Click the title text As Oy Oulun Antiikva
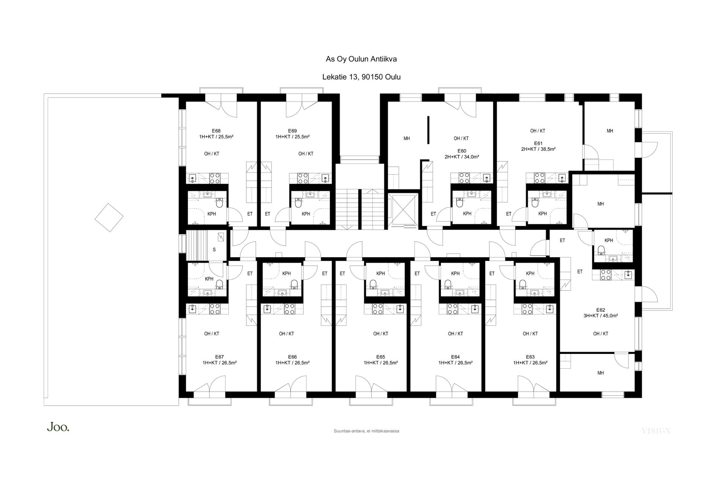click(361, 59)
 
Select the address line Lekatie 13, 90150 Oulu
click(361, 77)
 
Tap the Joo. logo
click(58, 427)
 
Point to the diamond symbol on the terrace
click(109, 218)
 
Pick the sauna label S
click(214, 250)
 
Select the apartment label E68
click(216, 131)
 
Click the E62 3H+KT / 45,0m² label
click(601, 313)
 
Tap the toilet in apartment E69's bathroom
click(298, 204)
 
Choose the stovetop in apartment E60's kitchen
click(464, 178)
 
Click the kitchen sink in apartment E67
click(192, 310)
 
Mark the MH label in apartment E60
click(407, 139)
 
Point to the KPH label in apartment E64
click(455, 274)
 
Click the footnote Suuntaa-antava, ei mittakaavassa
click(366, 431)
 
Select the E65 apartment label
click(380, 357)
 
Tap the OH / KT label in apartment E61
click(538, 131)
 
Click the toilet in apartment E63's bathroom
click(523, 284)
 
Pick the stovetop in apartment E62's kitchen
click(606, 275)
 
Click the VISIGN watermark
click(656, 431)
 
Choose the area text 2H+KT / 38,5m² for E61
click(538, 149)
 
